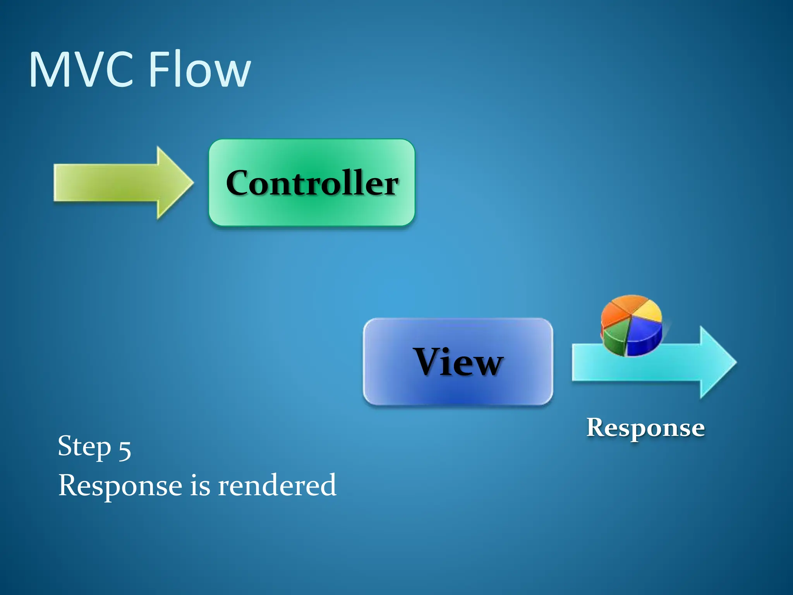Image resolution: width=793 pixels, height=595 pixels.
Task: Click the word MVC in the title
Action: pyautogui.click(x=81, y=70)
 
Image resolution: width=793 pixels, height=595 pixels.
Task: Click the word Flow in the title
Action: pyautogui.click(x=199, y=70)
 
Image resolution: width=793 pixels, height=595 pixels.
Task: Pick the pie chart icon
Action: pyautogui.click(x=631, y=325)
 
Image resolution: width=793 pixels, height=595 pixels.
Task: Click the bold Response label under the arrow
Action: pyautogui.click(x=645, y=428)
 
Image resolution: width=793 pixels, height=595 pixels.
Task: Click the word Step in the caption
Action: pyautogui.click(x=84, y=447)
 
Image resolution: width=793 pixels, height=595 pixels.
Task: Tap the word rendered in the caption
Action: pyautogui.click(x=277, y=485)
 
